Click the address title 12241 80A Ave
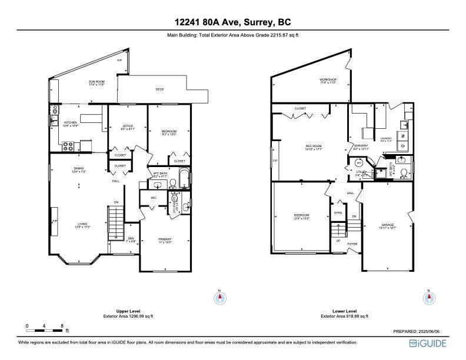(x=232, y=22)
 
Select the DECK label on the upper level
(x=159, y=89)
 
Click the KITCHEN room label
(x=70, y=122)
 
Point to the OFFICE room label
(x=128, y=126)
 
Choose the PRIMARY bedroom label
(x=165, y=239)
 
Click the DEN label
(x=131, y=238)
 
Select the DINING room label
(x=79, y=169)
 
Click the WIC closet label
(x=153, y=198)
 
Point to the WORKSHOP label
(x=328, y=79)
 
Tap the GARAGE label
(x=387, y=225)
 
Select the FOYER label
(x=352, y=244)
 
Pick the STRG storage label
(x=338, y=212)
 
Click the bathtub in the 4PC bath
(x=185, y=179)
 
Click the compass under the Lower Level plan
(x=428, y=298)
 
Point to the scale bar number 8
(x=62, y=325)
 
